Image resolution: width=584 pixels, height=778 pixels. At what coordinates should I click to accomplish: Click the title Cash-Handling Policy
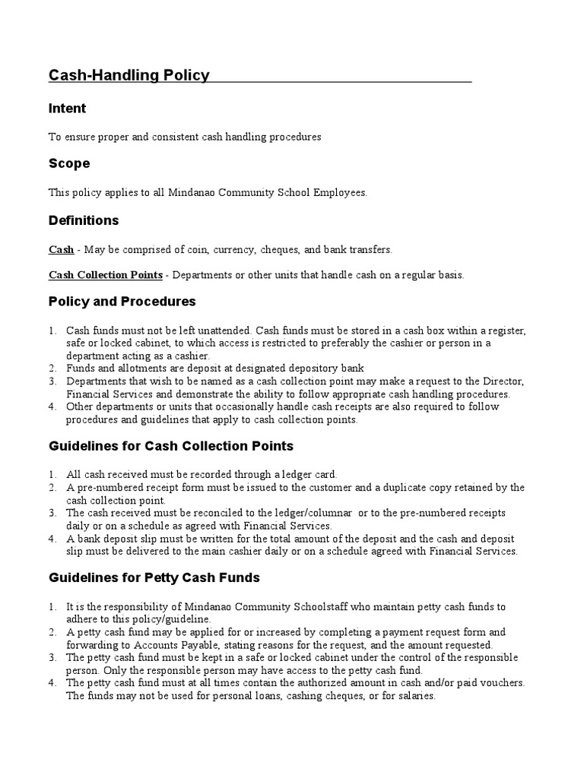coord(129,74)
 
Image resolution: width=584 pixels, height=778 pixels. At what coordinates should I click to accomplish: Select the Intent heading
coord(68,109)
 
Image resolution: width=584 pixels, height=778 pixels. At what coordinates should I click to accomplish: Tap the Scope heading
coord(69,163)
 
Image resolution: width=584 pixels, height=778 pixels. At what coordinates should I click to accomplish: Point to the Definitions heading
coord(84,220)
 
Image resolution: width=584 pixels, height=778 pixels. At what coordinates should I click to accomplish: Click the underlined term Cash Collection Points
coord(106,274)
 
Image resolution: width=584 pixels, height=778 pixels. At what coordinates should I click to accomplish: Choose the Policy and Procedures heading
coord(122,301)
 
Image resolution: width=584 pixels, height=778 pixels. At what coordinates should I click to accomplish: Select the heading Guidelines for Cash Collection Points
coord(171,446)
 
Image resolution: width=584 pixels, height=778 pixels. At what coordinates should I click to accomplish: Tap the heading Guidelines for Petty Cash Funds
coord(154,577)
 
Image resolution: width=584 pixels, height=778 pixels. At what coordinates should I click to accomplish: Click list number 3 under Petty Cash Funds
coord(53,657)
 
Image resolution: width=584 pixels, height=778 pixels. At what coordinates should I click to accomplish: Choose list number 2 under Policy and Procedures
coord(53,368)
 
